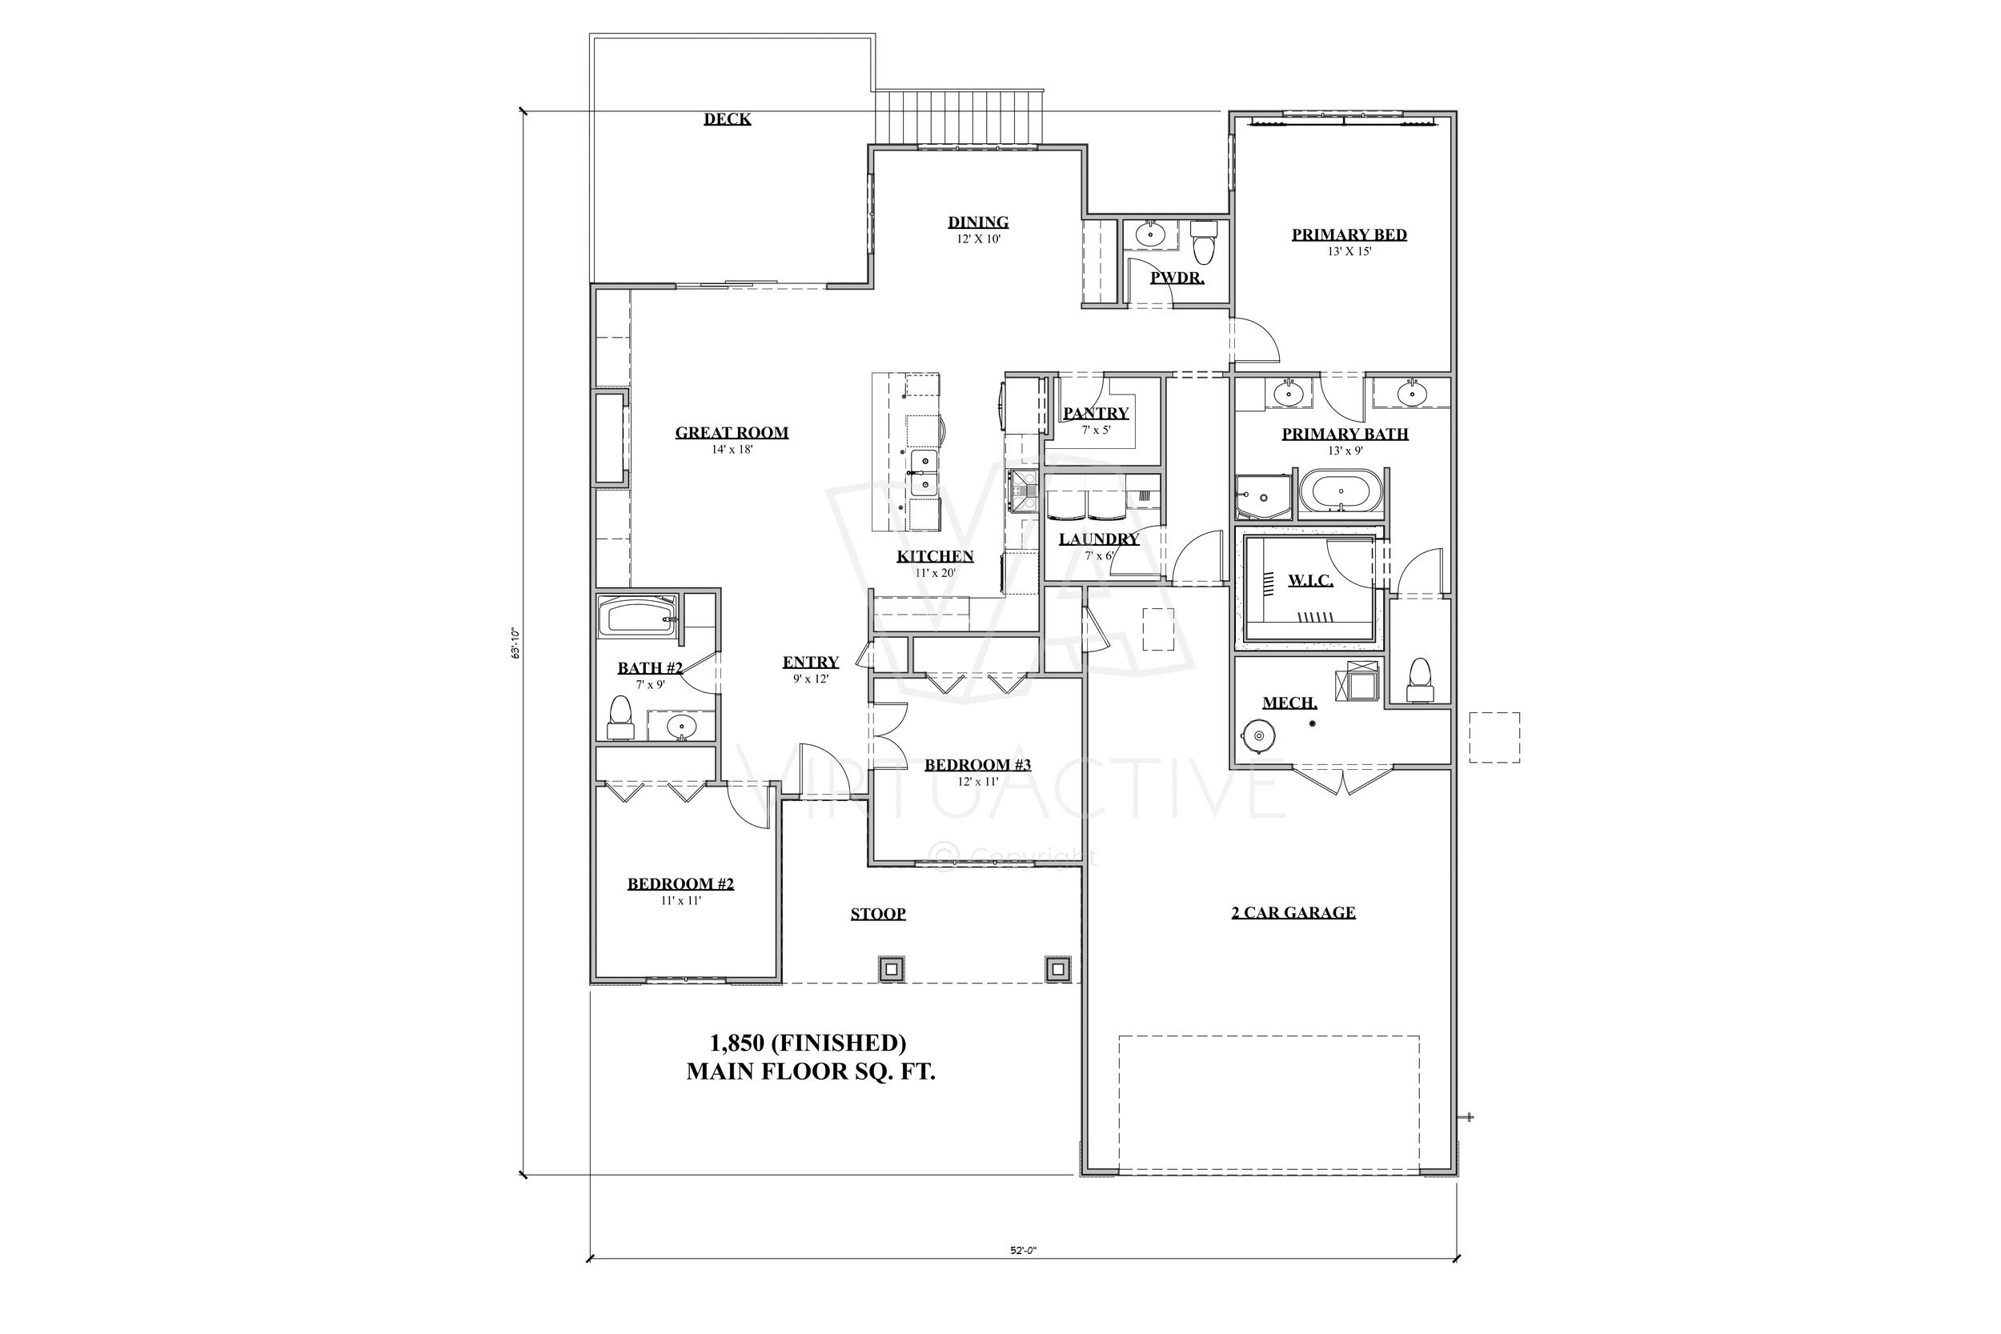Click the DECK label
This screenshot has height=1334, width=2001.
coord(727,119)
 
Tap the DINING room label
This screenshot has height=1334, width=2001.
coord(978,222)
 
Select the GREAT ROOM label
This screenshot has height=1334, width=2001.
coord(732,432)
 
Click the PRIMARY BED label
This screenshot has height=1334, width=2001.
coord(1349,234)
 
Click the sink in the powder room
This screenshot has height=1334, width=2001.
coord(1150,233)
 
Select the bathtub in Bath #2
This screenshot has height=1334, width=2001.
coord(638,617)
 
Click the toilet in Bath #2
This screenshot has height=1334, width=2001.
coord(620,717)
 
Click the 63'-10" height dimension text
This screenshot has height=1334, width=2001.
coord(515,643)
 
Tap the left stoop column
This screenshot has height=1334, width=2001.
coord(891,968)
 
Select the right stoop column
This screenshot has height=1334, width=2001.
coord(1057,968)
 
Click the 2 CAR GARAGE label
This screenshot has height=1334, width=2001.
coord(1293,913)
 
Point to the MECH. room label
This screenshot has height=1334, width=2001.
coord(1289,703)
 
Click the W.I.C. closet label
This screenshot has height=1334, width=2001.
coord(1310,580)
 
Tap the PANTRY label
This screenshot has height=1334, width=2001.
coord(1096,414)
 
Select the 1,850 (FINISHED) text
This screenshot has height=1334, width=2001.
coord(808,1042)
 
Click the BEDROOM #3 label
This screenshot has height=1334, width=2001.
coord(977,765)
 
